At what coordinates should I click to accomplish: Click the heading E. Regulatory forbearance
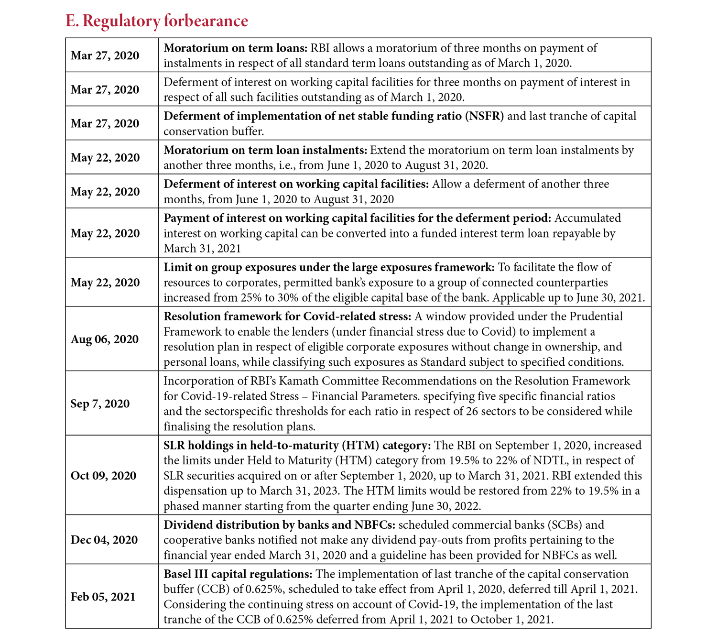(157, 21)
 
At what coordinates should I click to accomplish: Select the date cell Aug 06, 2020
(105, 339)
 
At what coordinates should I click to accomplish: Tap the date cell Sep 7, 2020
(100, 404)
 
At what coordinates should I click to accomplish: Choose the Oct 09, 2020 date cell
(103, 475)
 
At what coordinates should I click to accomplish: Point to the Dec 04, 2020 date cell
(104, 540)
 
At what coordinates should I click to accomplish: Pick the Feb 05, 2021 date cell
(103, 597)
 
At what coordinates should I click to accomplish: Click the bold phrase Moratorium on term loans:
(236, 48)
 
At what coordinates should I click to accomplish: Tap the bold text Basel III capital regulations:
(238, 574)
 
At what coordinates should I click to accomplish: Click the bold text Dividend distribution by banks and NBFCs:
(279, 525)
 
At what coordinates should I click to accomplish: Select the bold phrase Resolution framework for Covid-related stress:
(287, 317)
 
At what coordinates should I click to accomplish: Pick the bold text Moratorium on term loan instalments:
(265, 150)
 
